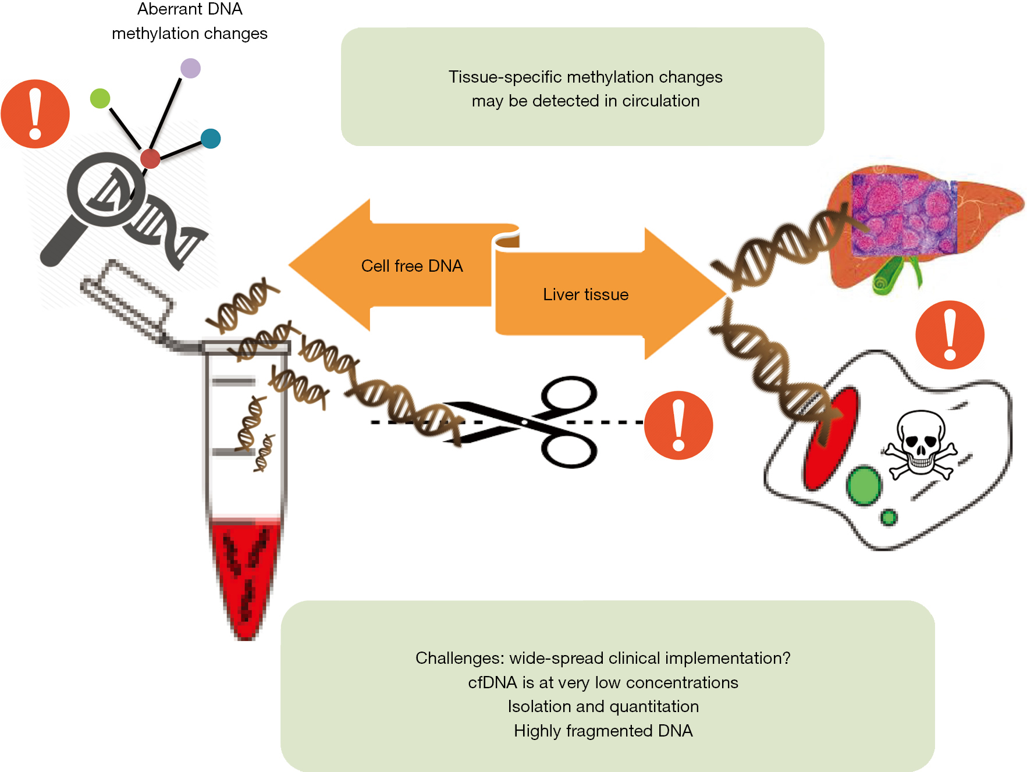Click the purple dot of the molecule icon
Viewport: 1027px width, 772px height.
[190, 68]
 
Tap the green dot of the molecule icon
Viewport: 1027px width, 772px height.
[100, 98]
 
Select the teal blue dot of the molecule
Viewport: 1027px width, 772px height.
[210, 138]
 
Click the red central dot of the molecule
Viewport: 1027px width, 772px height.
[150, 158]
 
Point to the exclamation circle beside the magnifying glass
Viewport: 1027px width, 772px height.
[35, 114]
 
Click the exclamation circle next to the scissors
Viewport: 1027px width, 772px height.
[678, 425]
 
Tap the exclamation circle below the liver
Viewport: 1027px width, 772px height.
[950, 335]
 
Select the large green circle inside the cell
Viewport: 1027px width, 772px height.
[863, 486]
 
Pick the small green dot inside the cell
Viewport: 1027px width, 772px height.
[888, 517]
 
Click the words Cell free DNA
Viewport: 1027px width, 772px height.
[412, 266]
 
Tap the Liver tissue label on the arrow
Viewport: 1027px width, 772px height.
[585, 294]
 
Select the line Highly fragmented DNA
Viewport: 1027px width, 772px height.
[603, 731]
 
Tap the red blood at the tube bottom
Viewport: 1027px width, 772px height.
[246, 576]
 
